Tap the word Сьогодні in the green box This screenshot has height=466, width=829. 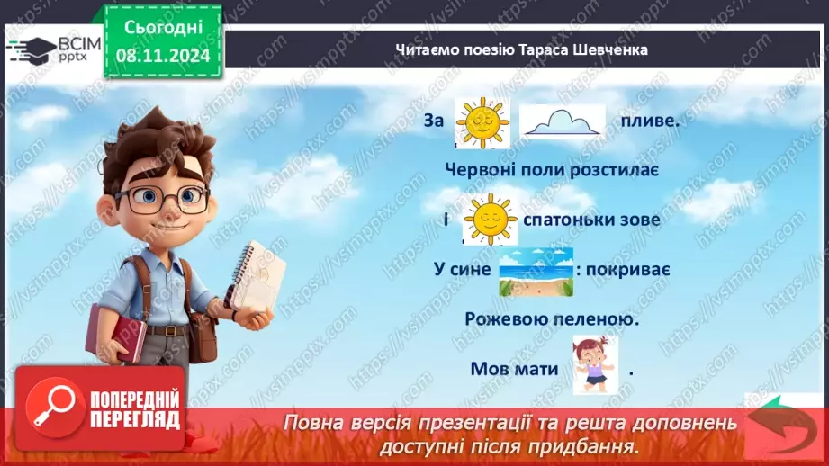coord(162,29)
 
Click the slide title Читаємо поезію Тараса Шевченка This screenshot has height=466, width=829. coord(521,50)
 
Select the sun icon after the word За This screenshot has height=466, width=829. coord(482,123)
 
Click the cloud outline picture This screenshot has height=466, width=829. coord(563,122)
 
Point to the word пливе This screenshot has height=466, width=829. coord(648,121)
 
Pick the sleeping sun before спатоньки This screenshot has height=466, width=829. coord(490,220)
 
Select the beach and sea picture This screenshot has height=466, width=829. coord(536,272)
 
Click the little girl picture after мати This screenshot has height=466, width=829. coord(595,365)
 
